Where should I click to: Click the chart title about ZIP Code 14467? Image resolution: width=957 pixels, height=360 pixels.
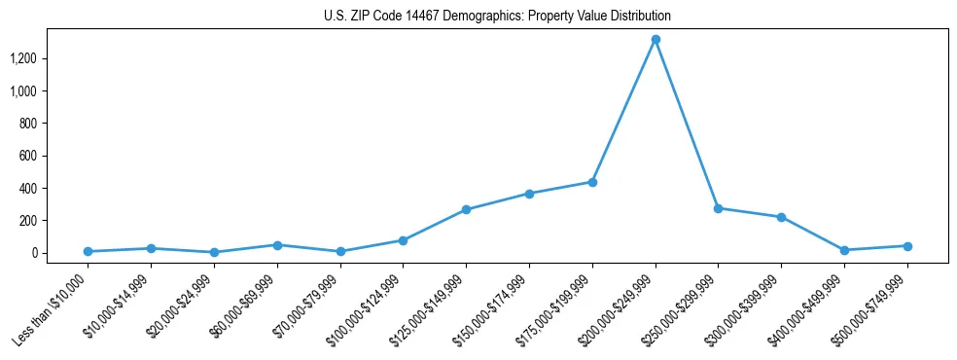497,17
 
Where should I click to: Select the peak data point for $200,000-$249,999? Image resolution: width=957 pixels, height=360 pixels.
656,40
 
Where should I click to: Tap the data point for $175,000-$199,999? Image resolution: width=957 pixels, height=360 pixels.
592,182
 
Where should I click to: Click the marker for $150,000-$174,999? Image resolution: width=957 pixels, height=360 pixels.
529,194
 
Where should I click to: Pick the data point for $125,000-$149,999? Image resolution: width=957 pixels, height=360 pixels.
467,209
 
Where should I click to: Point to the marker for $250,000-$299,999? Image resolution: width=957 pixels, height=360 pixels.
718,208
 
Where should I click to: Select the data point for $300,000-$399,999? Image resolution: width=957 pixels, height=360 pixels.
781,217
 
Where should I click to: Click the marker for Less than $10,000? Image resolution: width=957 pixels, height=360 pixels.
89,251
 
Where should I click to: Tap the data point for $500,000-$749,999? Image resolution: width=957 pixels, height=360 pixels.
907,246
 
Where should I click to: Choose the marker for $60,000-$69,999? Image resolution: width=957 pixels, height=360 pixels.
277,245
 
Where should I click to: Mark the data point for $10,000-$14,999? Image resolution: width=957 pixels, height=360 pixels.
151,248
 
